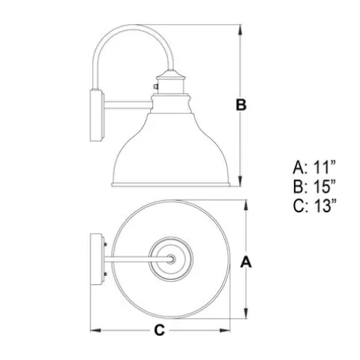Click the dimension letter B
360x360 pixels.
[x=241, y=105]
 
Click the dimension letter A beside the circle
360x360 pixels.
[x=246, y=262]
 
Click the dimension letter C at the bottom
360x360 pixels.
[x=159, y=330]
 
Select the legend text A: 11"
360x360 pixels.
[x=314, y=167]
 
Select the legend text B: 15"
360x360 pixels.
[x=314, y=187]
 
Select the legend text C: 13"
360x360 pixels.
[x=314, y=205]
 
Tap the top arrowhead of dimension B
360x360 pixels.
[x=240, y=29]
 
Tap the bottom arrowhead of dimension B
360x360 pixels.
[x=240, y=181]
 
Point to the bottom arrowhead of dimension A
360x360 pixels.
[x=246, y=313]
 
